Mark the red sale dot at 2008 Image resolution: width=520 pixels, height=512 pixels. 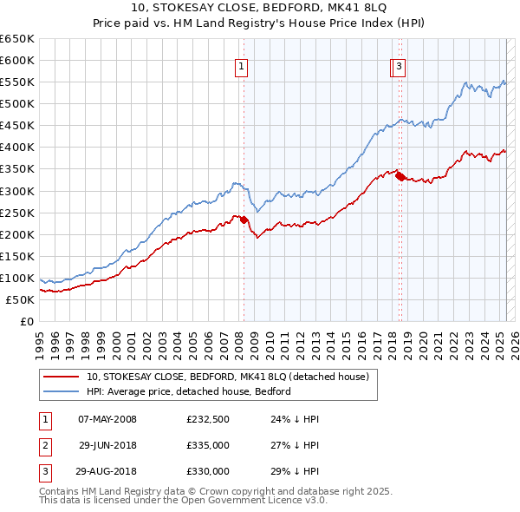click(x=244, y=220)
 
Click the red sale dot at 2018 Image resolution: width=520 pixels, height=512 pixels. click(x=400, y=176)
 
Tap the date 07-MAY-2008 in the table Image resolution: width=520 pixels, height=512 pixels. click(x=107, y=419)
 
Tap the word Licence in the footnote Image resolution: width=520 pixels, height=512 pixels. click(x=268, y=502)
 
